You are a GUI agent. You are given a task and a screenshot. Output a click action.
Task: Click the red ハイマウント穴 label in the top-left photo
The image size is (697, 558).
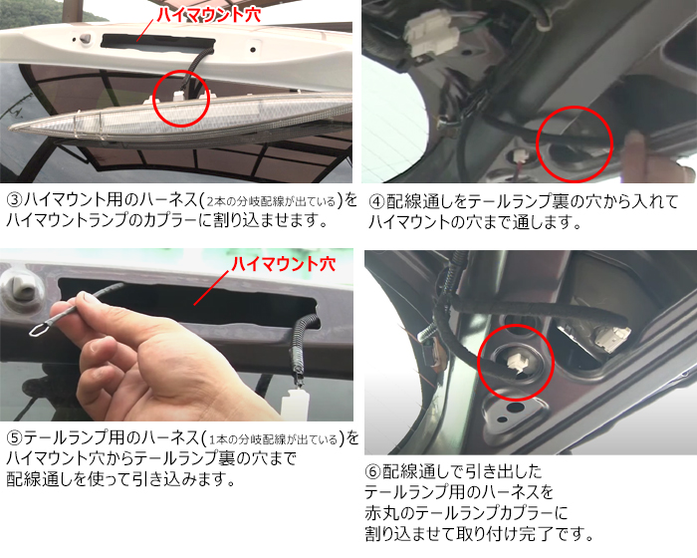click(x=209, y=14)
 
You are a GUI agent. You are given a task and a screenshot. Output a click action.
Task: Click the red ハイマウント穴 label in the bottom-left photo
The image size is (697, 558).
click(x=283, y=264)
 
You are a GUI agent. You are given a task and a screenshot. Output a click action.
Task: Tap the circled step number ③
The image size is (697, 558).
click(x=14, y=200)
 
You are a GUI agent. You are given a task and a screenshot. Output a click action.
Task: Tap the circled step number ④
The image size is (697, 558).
click(x=376, y=202)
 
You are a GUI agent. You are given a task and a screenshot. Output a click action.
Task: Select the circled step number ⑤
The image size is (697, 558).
click(x=14, y=438)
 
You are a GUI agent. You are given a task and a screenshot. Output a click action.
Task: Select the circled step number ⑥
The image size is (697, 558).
click(x=372, y=471)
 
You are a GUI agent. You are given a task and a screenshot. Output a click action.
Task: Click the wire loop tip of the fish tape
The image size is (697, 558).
click(x=39, y=330)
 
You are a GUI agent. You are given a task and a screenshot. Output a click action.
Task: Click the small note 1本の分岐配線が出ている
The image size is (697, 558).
click(x=273, y=440)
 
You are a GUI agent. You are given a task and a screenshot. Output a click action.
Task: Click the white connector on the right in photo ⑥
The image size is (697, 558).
click(x=612, y=339)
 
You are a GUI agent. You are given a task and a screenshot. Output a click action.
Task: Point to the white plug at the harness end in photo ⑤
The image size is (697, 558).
click(x=295, y=403)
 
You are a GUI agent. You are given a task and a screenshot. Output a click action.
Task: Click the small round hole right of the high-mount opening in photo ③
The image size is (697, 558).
click(x=253, y=50)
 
